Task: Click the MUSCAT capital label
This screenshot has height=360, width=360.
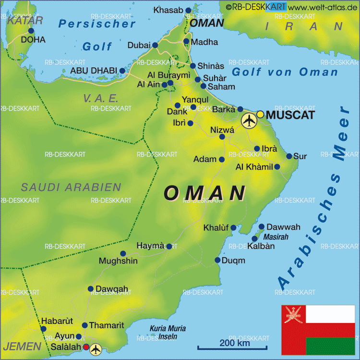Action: coord(290,115)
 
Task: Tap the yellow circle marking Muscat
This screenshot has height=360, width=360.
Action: coord(260,114)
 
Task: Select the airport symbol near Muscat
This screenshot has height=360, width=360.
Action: coord(249,121)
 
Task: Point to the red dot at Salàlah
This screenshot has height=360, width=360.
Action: coord(86,347)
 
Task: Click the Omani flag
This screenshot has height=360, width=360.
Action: coord(318,330)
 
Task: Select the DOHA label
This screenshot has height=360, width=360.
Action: coord(33,40)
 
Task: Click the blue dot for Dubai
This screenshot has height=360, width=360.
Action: coord(155,45)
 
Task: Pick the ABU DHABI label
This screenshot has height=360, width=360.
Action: coord(94,71)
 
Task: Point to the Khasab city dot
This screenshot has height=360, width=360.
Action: coord(188,10)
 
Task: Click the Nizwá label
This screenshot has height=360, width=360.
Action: coord(222,130)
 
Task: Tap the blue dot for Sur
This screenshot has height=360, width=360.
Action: coord(289,156)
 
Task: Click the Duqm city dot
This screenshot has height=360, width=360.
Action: coord(217,260)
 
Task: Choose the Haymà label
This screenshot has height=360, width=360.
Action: coord(151,246)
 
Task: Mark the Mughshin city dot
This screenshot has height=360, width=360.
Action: coord(123,253)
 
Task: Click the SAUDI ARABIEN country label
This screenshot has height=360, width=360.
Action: coord(71,187)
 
